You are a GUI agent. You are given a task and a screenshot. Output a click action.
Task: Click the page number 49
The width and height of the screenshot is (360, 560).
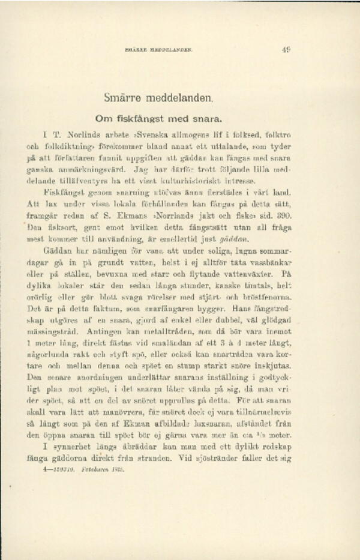286,50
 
